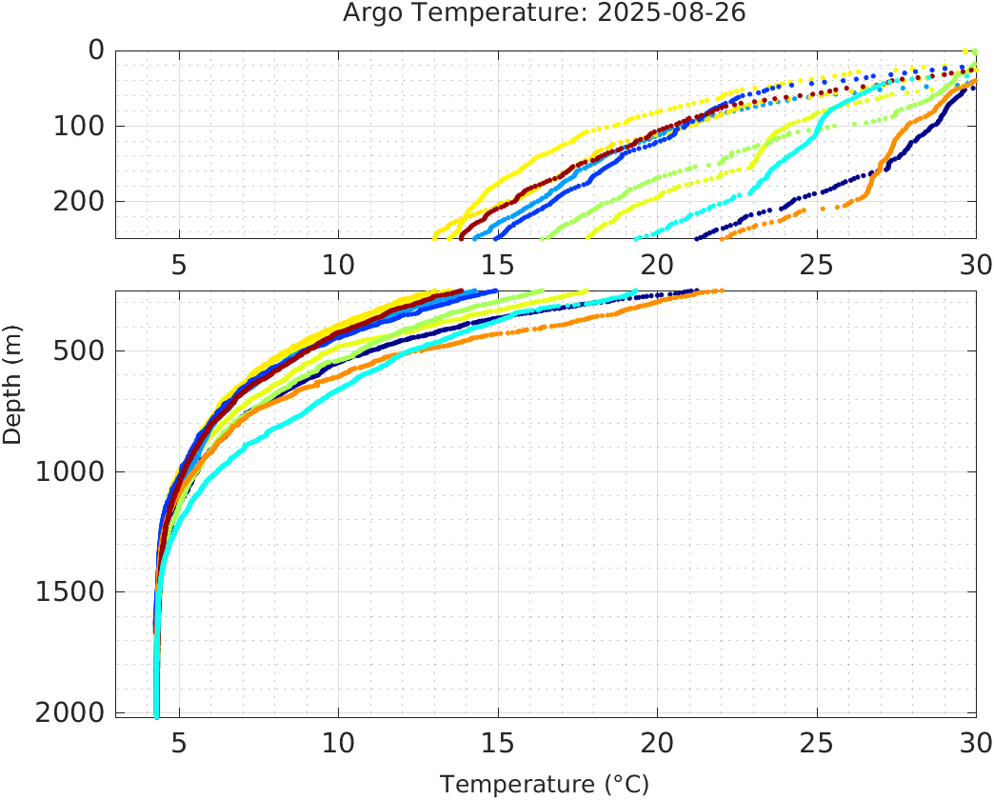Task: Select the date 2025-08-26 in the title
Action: [682, 14]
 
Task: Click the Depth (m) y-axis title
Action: [12, 382]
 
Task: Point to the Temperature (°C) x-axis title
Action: [545, 785]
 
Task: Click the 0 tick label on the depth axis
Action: [96, 50]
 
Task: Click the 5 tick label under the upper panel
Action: [179, 264]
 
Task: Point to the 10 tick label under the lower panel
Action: [338, 742]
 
